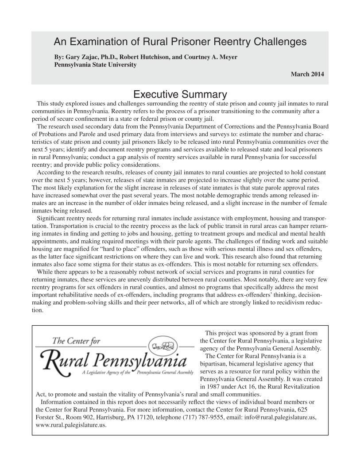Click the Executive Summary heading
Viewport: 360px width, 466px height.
pyautogui.click(x=180, y=95)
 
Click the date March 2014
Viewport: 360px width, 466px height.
pyautogui.click(x=307, y=74)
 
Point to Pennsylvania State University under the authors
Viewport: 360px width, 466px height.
pyautogui.click(x=95, y=65)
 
